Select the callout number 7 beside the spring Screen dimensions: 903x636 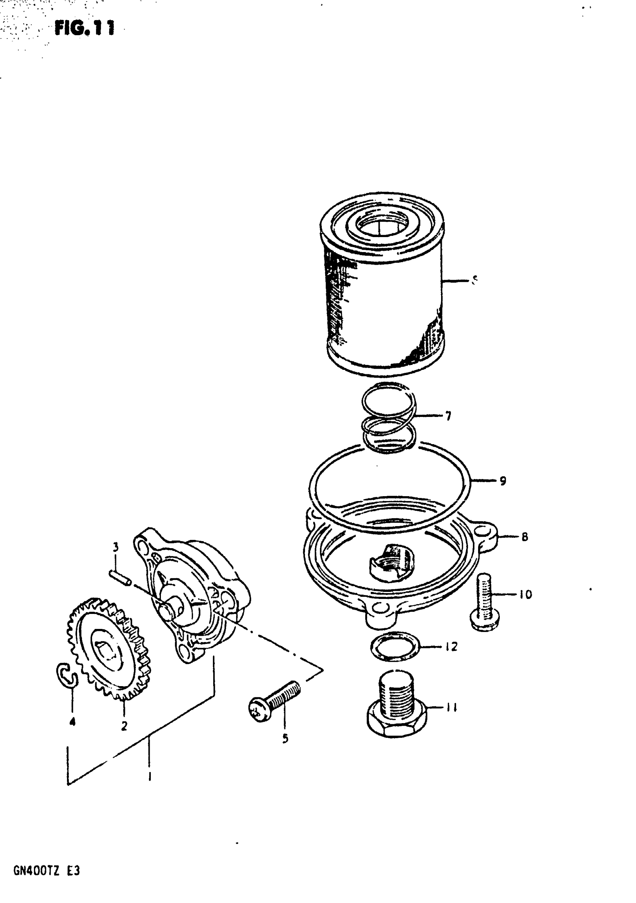(448, 416)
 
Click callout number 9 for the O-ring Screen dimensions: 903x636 (502, 480)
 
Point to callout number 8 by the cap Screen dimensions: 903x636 (524, 537)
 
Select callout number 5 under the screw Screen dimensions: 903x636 (285, 738)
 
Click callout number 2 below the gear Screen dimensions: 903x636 (124, 726)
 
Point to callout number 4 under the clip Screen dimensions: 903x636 (72, 722)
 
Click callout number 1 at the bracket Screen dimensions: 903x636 (150, 776)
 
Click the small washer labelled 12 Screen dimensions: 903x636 (395, 646)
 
